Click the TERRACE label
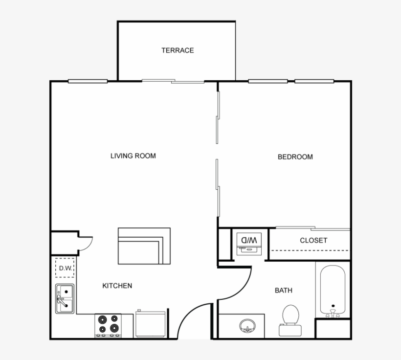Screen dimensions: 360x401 tap(178, 50)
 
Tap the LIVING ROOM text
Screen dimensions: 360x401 tap(133, 156)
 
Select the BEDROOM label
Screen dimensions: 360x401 tap(295, 157)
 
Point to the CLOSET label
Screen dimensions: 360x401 tap(313, 241)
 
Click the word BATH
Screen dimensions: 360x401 tap(283, 291)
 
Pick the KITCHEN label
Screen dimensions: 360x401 tap(117, 286)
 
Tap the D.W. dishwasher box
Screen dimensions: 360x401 tap(65, 268)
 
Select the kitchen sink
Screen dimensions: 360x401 tap(65, 298)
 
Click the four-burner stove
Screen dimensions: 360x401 tap(108, 324)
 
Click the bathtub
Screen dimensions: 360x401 tap(333, 291)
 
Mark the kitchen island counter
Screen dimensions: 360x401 tap(144, 246)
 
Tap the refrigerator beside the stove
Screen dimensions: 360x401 tap(150, 324)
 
